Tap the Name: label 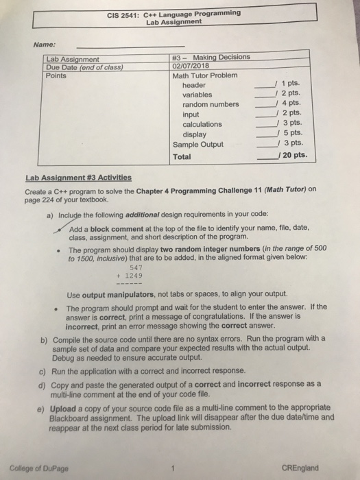pos(45,44)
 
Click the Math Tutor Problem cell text pos(205,75)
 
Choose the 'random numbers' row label pos(211,104)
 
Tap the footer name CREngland pos(300,469)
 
